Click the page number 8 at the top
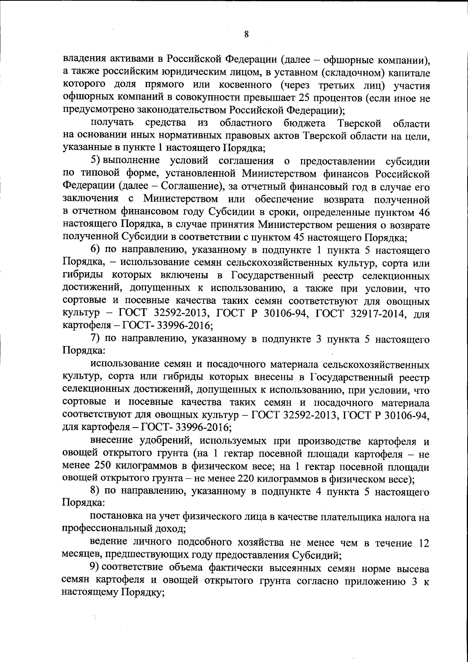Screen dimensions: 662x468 [246, 34]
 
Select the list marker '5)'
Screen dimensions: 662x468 [96, 161]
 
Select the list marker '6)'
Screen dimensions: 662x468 [96, 250]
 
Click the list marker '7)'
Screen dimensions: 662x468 [96, 339]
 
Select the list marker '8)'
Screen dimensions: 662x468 [96, 493]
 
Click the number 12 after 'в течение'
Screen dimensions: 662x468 [423, 543]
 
